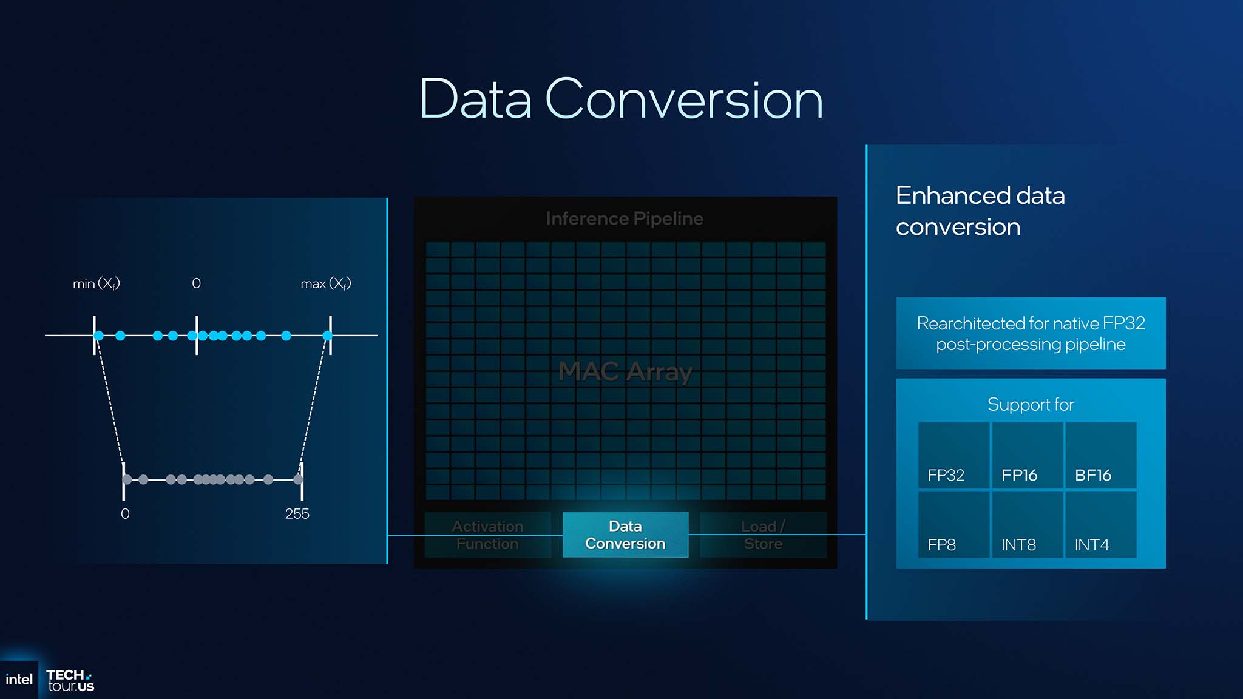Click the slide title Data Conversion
click(x=621, y=99)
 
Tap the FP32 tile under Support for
click(x=953, y=456)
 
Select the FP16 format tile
click(x=1027, y=456)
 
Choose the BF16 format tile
click(x=1100, y=456)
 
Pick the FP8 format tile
click(x=953, y=525)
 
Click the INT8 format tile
click(x=1027, y=525)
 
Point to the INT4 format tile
click(x=1100, y=525)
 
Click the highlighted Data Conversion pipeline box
click(x=625, y=535)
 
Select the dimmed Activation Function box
click(x=487, y=535)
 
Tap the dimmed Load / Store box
click(x=763, y=535)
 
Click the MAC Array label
click(x=625, y=371)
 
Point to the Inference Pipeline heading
click(x=625, y=218)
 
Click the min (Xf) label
click(x=97, y=283)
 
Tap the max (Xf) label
click(x=326, y=283)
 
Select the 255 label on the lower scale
click(x=297, y=514)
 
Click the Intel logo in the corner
click(x=19, y=680)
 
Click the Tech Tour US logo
click(x=70, y=680)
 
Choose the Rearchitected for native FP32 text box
click(x=1031, y=333)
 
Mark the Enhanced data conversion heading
click(x=980, y=211)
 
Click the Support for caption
click(x=1031, y=404)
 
